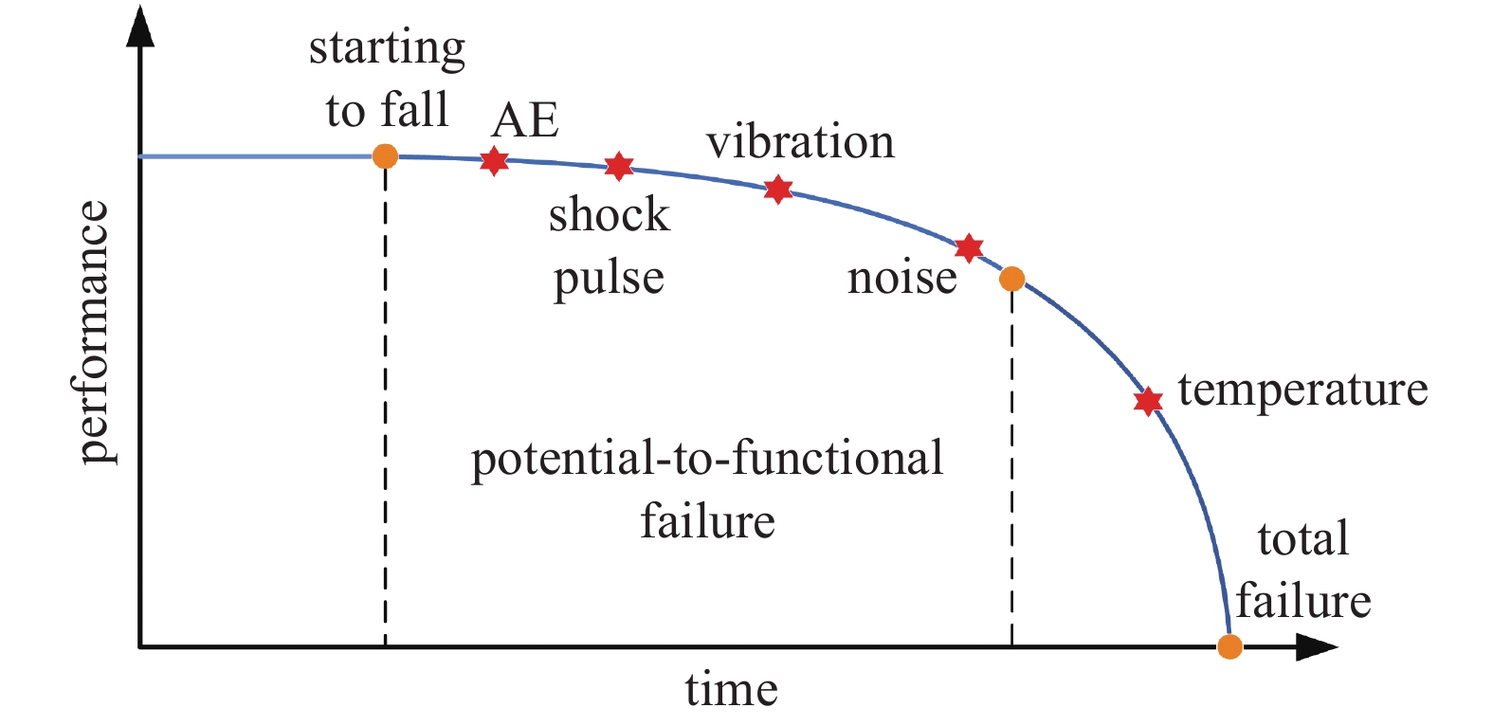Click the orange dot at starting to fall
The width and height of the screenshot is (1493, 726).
[x=385, y=156]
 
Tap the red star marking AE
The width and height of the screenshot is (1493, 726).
[x=494, y=161]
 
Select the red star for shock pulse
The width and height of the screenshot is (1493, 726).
[x=618, y=166]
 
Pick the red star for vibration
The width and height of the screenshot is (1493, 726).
[x=778, y=190]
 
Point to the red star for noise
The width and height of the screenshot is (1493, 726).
[x=969, y=248]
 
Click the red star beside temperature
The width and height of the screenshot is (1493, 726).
[x=1148, y=401]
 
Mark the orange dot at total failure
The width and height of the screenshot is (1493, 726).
[x=1229, y=646]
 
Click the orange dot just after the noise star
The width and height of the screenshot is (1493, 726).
[x=1011, y=279]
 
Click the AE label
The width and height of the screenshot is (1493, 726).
[x=525, y=120]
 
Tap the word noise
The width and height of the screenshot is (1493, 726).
[x=901, y=278]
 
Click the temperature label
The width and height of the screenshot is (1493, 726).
[x=1303, y=390]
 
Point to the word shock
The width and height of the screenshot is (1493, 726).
[x=610, y=214]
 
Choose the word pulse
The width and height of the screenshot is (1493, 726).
[x=610, y=279]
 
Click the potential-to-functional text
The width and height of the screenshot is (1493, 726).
[x=707, y=461]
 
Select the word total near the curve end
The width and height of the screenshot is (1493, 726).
[x=1303, y=538]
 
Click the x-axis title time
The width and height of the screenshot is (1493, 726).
[x=731, y=689]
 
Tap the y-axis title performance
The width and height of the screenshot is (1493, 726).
[x=93, y=332]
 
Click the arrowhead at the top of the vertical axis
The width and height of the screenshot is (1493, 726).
[x=140, y=27]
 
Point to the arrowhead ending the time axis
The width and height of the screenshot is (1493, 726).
[x=1317, y=646]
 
